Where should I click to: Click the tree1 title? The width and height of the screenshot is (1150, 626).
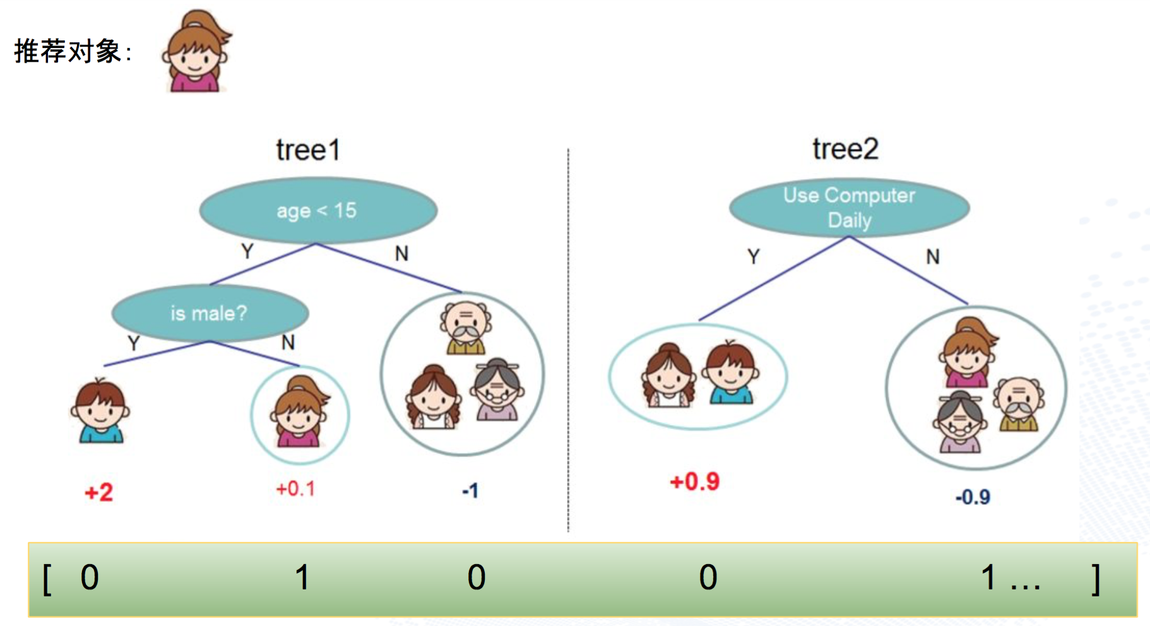308,150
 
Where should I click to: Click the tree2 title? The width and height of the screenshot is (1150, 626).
845,149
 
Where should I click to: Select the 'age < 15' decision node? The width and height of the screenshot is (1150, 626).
318,210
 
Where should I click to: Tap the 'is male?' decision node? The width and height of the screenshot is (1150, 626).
210,313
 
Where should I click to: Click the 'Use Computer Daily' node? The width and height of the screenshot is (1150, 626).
849,208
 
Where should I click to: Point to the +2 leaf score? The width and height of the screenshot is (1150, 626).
99,492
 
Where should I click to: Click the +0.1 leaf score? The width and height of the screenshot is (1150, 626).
295,488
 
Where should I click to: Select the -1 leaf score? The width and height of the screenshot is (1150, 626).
470,490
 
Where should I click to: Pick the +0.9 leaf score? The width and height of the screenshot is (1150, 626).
694,481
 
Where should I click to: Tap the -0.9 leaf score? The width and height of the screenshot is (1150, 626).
973,497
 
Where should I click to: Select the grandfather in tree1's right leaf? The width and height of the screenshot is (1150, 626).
466,328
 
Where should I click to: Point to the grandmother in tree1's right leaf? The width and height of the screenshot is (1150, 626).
498,389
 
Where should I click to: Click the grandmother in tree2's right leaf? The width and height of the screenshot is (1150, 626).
960,422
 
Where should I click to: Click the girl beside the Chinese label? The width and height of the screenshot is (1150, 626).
196,51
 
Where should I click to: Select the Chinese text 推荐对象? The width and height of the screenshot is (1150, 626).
68,51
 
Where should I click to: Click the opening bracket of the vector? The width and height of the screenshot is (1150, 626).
47,579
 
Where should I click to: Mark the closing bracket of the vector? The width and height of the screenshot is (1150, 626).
1096,579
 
